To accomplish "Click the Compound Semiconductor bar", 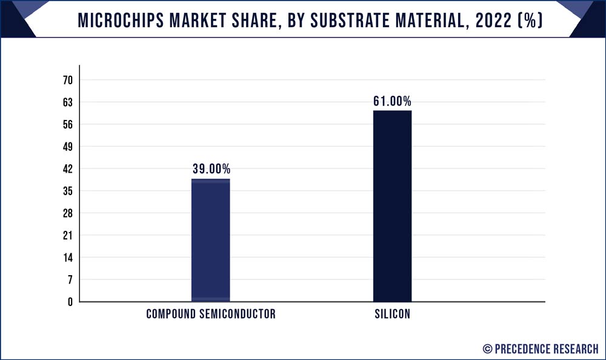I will click(210, 240).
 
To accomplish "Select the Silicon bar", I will click(392, 206).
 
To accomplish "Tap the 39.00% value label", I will click(211, 169).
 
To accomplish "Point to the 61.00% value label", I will click(392, 101).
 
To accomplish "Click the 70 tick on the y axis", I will click(68, 80).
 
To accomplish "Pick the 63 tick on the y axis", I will click(68, 102).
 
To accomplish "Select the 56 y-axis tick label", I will click(68, 125).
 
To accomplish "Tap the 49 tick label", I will click(68, 147).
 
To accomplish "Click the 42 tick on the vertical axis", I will click(68, 169).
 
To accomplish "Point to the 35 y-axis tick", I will click(68, 191).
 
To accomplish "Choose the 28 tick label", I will click(68, 213).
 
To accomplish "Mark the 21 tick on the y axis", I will click(68, 235).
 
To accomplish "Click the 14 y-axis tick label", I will click(68, 258).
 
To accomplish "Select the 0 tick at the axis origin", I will click(70, 302).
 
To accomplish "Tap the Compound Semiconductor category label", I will click(211, 314).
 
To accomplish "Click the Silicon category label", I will click(392, 314).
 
